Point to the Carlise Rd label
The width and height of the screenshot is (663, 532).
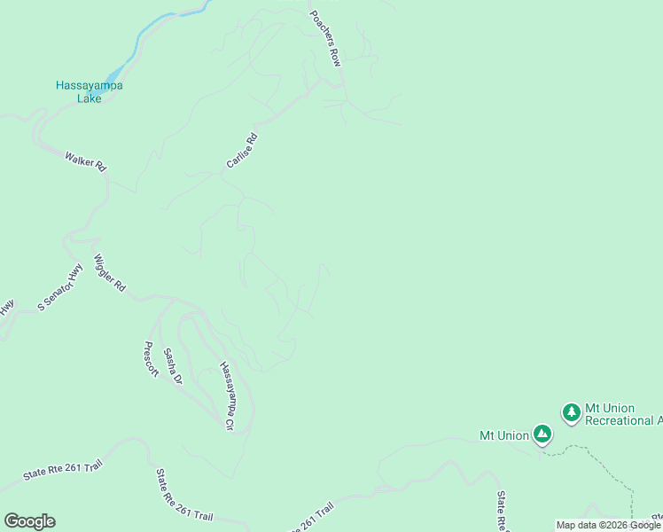(241, 151)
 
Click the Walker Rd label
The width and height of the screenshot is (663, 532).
(85, 160)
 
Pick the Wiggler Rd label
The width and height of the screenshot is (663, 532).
(110, 275)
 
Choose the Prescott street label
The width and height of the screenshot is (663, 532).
(151, 359)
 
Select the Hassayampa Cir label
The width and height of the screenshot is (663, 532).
(226, 395)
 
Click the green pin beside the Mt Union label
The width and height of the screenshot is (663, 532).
(542, 434)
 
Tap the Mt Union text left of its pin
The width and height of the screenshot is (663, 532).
(503, 435)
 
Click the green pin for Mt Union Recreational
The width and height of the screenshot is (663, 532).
(572, 411)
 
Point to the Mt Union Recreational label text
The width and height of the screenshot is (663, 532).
(619, 414)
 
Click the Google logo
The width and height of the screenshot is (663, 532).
(29, 521)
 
